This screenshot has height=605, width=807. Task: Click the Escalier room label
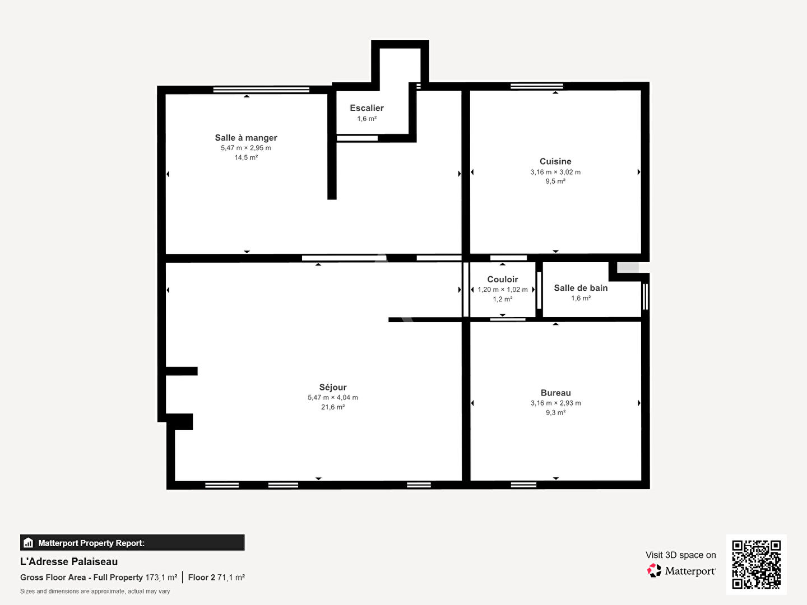pyautogui.click(x=367, y=108)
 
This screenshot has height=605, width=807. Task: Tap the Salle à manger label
pyautogui.click(x=246, y=138)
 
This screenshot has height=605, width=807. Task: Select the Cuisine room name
pyautogui.click(x=555, y=161)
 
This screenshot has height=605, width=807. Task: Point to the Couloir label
pyautogui.click(x=502, y=279)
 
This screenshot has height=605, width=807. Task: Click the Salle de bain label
pyautogui.click(x=581, y=288)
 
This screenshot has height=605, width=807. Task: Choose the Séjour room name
pyautogui.click(x=333, y=387)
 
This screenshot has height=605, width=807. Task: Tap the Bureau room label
pyautogui.click(x=555, y=393)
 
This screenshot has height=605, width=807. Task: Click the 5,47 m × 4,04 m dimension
pyautogui.click(x=333, y=398)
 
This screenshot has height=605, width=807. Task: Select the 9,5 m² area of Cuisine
pyautogui.click(x=555, y=181)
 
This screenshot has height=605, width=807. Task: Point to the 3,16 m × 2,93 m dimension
pyautogui.click(x=555, y=403)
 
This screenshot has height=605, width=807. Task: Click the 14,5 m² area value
pyautogui.click(x=246, y=157)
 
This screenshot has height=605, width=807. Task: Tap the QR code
pyautogui.click(x=756, y=564)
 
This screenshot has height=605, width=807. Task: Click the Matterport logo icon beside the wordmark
pyautogui.click(x=654, y=570)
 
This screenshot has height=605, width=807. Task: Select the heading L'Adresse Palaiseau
pyautogui.click(x=69, y=562)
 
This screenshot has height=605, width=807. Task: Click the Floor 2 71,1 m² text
pyautogui.click(x=216, y=578)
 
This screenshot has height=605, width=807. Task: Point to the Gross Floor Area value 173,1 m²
pyautogui.click(x=161, y=578)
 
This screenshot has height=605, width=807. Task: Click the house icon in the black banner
pyautogui.click(x=28, y=543)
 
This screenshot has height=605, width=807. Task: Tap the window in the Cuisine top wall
pyautogui.click(x=537, y=86)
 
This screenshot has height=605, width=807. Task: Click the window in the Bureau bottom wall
pyautogui.click(x=523, y=485)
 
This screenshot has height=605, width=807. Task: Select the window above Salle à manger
pyautogui.click(x=261, y=90)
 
